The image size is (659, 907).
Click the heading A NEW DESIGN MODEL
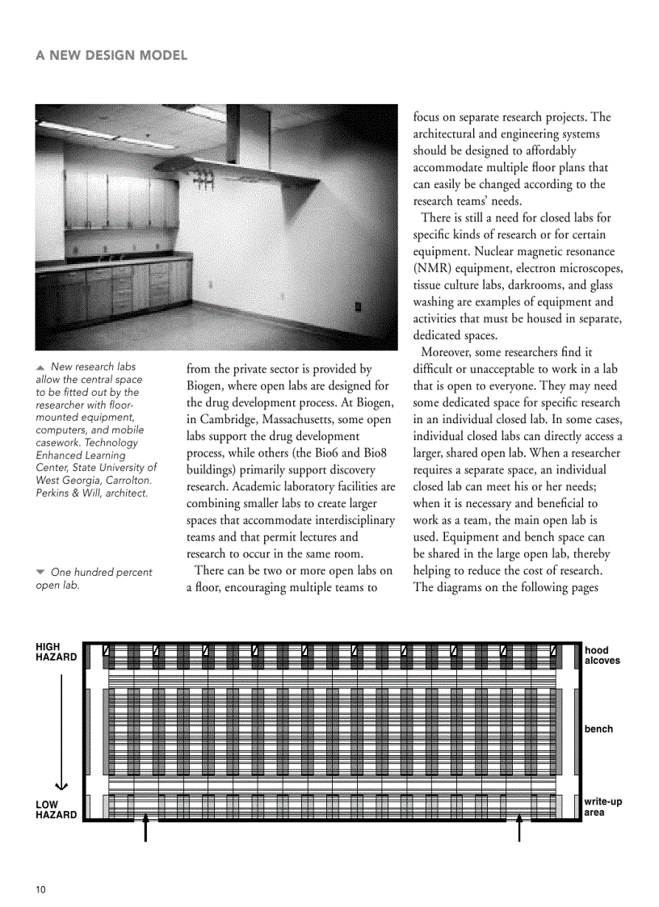pyautogui.click(x=111, y=56)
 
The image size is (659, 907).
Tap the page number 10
pyautogui.click(x=41, y=889)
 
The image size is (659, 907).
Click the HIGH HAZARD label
pyautogui.click(x=56, y=653)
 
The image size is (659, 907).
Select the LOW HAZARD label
pyautogui.click(x=56, y=810)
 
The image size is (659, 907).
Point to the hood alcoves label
pyautogui.click(x=602, y=655)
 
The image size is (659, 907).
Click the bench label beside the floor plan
pyautogui.click(x=598, y=729)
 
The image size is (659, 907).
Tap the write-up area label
pyautogui.click(x=602, y=807)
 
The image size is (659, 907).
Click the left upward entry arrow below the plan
pyautogui.click(x=145, y=828)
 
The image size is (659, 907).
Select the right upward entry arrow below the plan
pyautogui.click(x=519, y=828)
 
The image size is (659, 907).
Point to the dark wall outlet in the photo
pyautogui.click(x=358, y=306)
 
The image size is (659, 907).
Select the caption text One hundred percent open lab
pyautogui.click(x=94, y=578)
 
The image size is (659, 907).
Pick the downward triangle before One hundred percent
pyautogui.click(x=40, y=572)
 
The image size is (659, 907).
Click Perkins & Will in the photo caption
pyautogui.click(x=65, y=493)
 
